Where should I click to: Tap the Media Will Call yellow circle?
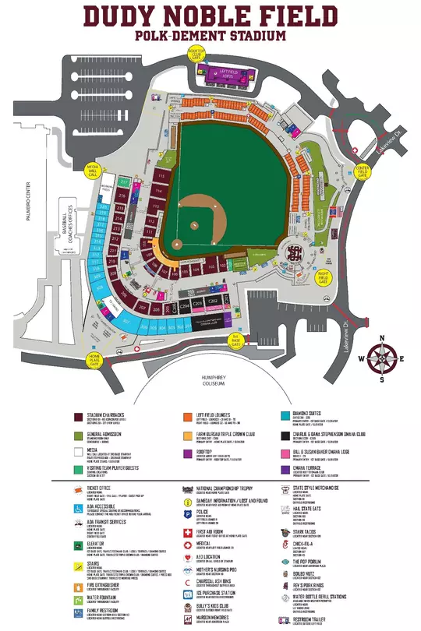pyautogui.click(x=93, y=171)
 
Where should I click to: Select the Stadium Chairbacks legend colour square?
pyautogui.click(x=79, y=418)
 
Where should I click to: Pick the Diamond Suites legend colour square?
pyautogui.click(x=286, y=418)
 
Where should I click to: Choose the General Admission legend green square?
pyautogui.click(x=79, y=437)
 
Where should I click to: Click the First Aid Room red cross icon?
pyautogui.click(x=187, y=534)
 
